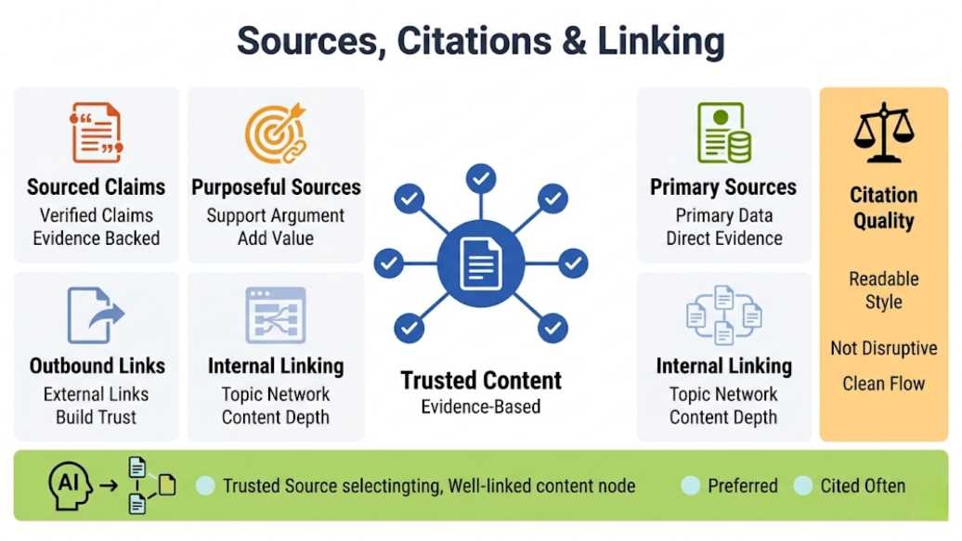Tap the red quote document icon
click(x=97, y=133)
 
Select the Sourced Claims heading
click(x=97, y=187)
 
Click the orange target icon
click(x=276, y=133)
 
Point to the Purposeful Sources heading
click(x=276, y=187)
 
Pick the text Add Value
click(x=276, y=238)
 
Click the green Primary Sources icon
click(x=724, y=133)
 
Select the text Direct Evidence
click(x=724, y=238)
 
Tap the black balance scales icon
click(x=883, y=133)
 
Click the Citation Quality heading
click(x=883, y=208)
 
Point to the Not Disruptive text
click(x=883, y=348)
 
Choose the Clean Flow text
click(x=883, y=384)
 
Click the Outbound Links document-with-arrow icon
click(x=96, y=316)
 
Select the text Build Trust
click(x=97, y=417)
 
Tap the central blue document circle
click(x=481, y=264)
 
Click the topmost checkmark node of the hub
click(x=481, y=178)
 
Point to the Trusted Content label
click(x=481, y=380)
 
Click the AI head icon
click(x=70, y=486)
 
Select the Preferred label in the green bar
click(x=742, y=486)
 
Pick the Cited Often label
click(x=863, y=486)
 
